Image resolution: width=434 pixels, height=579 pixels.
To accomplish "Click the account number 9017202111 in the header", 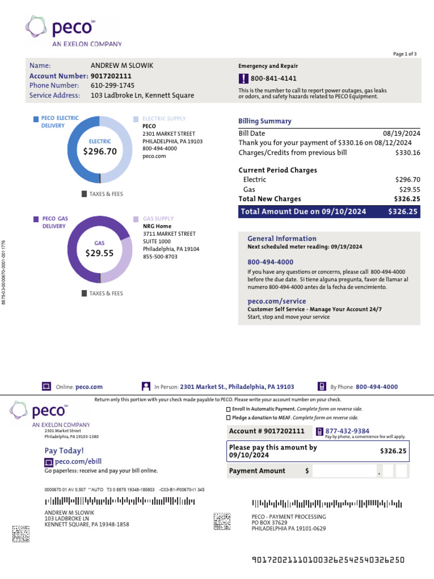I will click(111, 76).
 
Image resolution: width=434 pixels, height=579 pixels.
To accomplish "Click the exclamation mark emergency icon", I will click(243, 79).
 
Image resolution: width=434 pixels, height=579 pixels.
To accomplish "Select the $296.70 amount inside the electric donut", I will click(100, 152).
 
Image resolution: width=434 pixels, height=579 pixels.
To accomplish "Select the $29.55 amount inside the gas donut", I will click(99, 253).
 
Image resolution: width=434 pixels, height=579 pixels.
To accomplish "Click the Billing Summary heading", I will click(264, 121).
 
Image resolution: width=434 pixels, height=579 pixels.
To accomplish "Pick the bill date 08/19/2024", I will click(402, 132).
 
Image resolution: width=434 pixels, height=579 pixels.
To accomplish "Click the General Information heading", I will click(281, 239).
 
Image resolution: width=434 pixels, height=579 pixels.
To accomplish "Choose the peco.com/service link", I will click(276, 301).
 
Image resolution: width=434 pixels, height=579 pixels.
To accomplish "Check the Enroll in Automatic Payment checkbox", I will click(228, 409).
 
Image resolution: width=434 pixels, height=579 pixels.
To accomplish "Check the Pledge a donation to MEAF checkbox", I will click(228, 418).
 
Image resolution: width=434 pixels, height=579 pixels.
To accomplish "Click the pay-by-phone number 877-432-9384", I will click(347, 431).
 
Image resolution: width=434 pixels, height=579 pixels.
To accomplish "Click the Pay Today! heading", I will click(64, 451).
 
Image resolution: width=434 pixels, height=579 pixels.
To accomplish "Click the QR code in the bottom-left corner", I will click(21, 534).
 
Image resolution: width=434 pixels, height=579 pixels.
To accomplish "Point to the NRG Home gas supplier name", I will click(156, 226).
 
